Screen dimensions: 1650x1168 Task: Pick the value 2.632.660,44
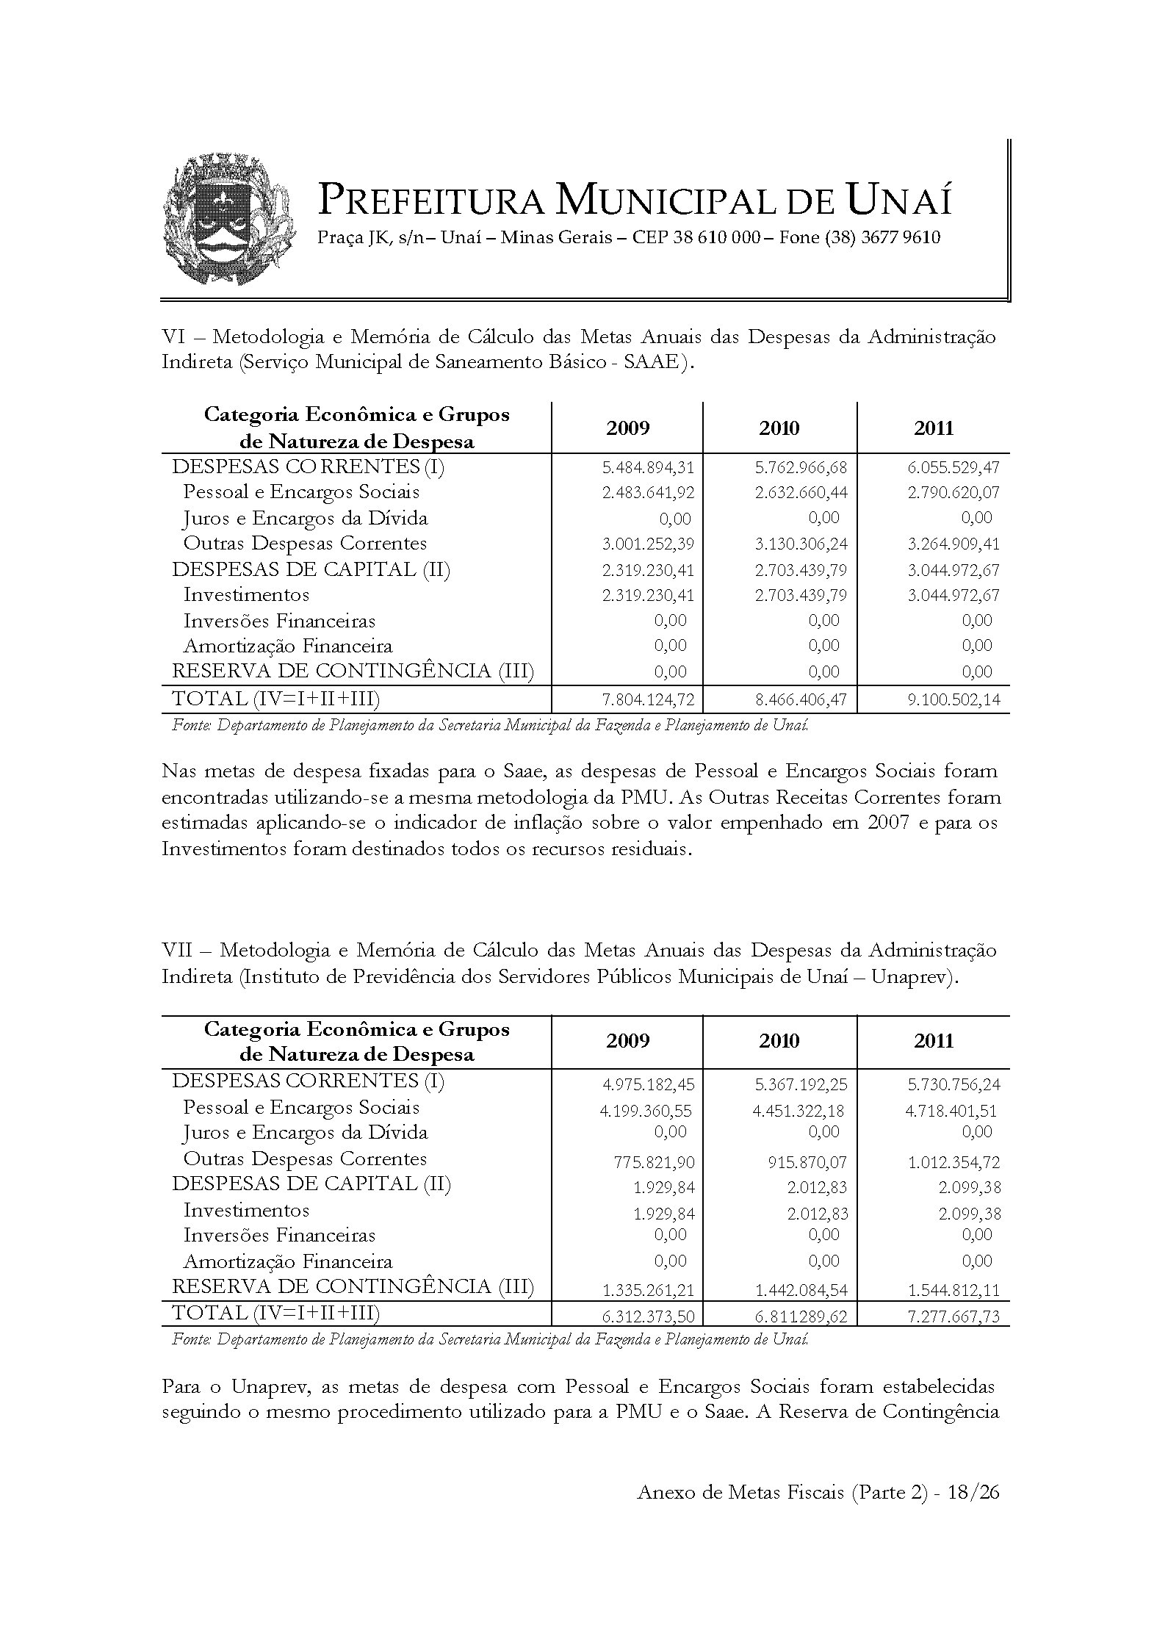[801, 493]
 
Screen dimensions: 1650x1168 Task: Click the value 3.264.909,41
[953, 544]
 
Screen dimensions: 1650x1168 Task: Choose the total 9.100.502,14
[953, 699]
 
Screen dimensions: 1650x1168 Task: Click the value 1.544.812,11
[953, 1291]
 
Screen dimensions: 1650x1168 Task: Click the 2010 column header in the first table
[779, 428]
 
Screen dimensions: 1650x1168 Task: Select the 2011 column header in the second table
[934, 1041]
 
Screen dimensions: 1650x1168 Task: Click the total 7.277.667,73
[953, 1316]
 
